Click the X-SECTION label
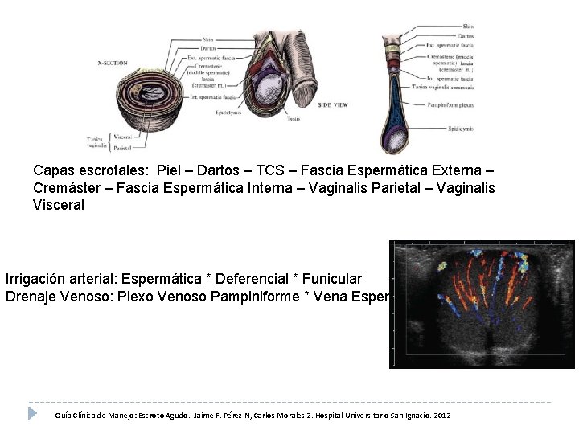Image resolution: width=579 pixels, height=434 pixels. (x=112, y=62)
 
